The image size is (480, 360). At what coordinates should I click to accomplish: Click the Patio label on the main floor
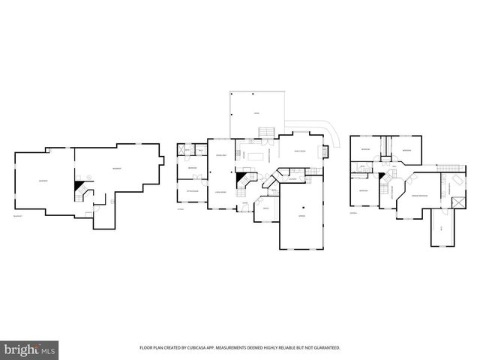(x=256, y=113)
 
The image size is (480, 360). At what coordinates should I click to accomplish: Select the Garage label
(x=302, y=216)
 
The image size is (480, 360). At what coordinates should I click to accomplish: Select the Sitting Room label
(x=192, y=191)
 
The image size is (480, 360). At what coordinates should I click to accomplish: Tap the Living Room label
(x=220, y=193)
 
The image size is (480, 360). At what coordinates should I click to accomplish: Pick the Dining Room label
(x=220, y=154)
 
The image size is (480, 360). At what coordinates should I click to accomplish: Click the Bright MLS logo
(x=27, y=349)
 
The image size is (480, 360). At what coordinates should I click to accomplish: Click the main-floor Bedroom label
(x=192, y=168)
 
